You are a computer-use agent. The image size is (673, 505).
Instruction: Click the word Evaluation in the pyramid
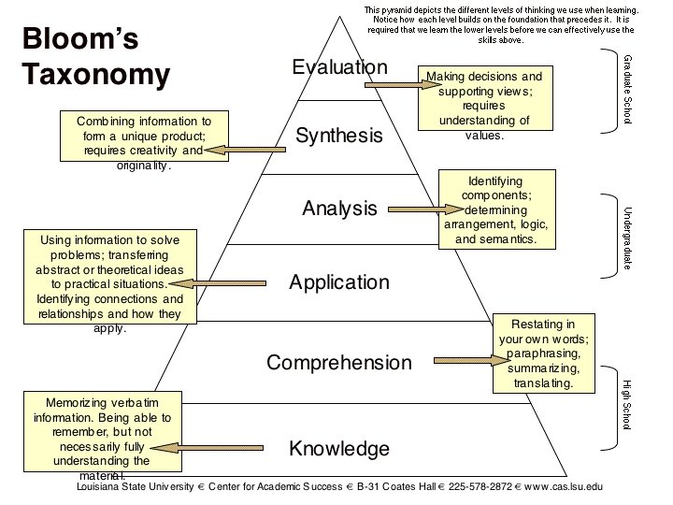pyautogui.click(x=338, y=67)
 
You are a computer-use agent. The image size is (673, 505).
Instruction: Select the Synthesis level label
pyautogui.click(x=338, y=137)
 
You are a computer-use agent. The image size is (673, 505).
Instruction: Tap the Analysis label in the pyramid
pyautogui.click(x=338, y=209)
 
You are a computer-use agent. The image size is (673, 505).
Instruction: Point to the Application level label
pyautogui.click(x=338, y=282)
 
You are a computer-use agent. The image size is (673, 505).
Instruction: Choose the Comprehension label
pyautogui.click(x=338, y=363)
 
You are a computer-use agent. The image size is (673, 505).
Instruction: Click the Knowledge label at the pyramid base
pyautogui.click(x=338, y=449)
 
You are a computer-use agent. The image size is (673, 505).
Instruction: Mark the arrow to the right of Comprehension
pyautogui.click(x=467, y=358)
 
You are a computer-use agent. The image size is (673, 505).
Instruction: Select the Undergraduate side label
pyautogui.click(x=627, y=238)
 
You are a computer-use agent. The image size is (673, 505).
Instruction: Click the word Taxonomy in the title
pyautogui.click(x=96, y=75)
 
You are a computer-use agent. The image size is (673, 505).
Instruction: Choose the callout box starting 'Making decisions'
pyautogui.click(x=484, y=105)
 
